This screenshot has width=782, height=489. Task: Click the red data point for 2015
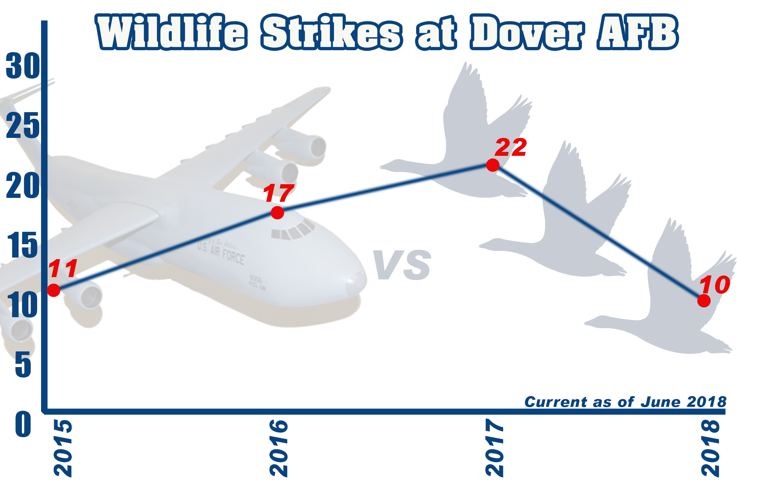(54, 290)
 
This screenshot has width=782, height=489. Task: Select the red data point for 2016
(277, 213)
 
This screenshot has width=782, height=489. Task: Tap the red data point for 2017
(492, 165)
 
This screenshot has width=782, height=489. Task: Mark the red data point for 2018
(704, 301)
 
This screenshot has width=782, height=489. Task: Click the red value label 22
(511, 147)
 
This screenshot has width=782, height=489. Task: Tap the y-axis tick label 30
(23, 66)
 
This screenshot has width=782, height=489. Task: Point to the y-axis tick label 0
(23, 424)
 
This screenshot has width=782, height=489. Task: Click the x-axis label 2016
(279, 448)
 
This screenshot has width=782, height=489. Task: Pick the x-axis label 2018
(710, 448)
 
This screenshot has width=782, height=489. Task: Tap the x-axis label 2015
(63, 448)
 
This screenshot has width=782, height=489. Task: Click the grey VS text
(402, 265)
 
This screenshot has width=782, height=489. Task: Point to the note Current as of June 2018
(625, 402)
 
